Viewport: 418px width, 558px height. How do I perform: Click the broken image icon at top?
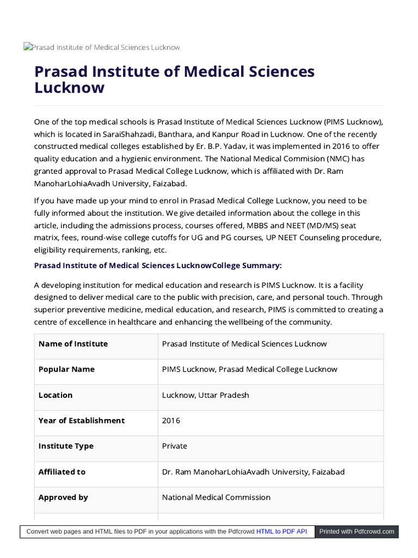tap(27, 47)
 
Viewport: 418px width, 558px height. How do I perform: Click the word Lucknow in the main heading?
tap(69, 88)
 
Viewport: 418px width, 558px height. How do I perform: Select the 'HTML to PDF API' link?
tap(281, 531)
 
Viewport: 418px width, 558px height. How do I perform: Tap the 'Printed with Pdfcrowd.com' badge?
tap(356, 531)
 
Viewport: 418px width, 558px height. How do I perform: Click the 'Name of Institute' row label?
tap(73, 344)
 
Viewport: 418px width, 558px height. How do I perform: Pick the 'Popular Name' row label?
tap(66, 369)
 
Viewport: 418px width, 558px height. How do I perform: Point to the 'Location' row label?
tap(56, 395)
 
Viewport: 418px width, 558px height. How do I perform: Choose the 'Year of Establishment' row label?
tap(81, 421)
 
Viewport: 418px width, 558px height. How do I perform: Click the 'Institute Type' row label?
tap(66, 446)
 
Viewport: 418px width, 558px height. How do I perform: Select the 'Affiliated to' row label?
tap(62, 472)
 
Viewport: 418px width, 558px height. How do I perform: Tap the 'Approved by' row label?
tap(63, 498)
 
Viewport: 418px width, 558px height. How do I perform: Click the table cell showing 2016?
tap(171, 421)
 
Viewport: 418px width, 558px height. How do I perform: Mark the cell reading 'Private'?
tap(174, 446)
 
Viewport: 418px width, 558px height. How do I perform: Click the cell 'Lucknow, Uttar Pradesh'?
tap(205, 395)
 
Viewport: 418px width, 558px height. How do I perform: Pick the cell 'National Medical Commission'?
tap(216, 498)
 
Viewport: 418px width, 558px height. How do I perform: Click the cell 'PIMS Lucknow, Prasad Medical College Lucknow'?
tap(249, 369)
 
